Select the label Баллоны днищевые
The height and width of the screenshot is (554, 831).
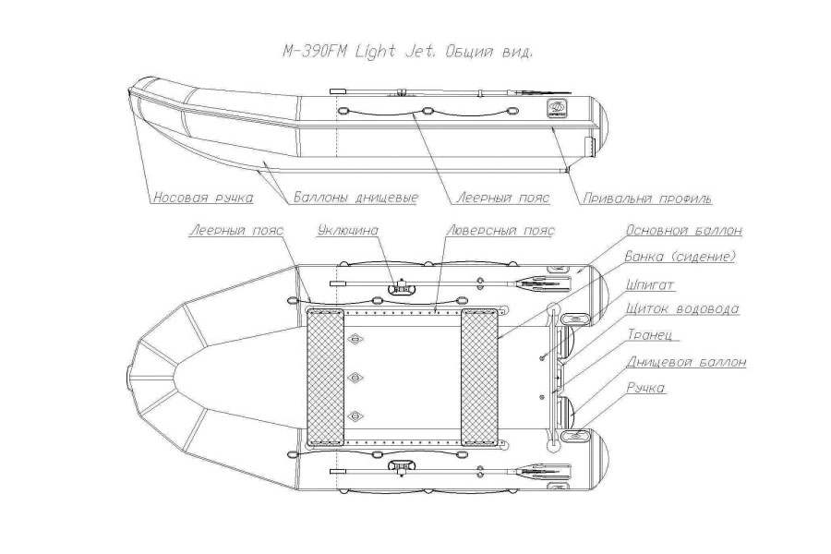(356, 198)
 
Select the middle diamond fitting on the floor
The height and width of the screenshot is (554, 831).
(353, 378)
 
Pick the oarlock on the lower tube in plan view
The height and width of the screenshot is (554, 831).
(399, 466)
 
